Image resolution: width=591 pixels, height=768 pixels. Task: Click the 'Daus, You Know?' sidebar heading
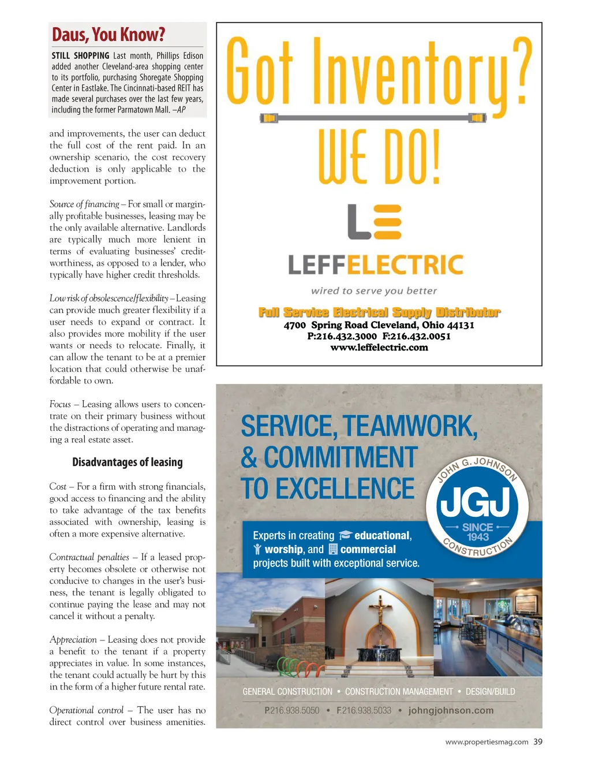click(109, 35)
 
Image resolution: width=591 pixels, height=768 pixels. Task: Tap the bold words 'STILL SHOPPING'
click(80, 56)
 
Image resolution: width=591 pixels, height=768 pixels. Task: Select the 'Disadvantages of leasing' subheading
click(127, 462)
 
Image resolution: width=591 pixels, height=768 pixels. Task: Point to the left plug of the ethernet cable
click(269, 118)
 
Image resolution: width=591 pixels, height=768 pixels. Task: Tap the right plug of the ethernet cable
click(477, 118)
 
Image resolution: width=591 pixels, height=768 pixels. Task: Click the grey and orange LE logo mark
click(375, 222)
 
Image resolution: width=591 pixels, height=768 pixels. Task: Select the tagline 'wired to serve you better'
click(374, 291)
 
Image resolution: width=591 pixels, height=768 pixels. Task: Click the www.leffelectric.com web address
click(379, 348)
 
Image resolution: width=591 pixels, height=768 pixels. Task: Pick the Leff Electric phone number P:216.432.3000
click(342, 336)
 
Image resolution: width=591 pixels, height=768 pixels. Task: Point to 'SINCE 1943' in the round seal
click(478, 532)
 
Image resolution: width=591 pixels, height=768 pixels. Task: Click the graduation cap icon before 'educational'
click(345, 535)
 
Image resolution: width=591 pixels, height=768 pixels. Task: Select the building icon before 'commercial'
click(333, 549)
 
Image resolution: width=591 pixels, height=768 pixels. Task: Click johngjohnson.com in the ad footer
click(451, 710)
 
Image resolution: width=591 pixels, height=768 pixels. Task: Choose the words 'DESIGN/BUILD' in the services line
click(490, 691)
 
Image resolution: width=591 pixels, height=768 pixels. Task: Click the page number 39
click(538, 742)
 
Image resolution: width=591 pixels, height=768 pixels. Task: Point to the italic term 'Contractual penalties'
click(89, 557)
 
